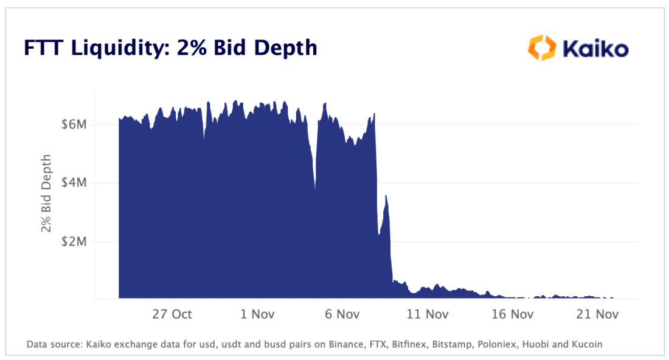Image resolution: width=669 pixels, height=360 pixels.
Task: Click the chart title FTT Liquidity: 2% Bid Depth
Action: [171, 47]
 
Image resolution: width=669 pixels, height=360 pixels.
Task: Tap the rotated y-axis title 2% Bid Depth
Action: [46, 193]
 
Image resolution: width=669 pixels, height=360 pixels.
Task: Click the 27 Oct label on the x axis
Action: [172, 314]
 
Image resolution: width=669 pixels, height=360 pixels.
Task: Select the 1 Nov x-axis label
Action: [258, 314]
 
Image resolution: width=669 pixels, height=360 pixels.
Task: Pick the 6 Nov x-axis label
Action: [342, 314]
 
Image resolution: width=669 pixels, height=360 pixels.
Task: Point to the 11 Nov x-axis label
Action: [427, 314]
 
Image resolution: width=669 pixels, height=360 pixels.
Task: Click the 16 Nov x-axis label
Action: [512, 314]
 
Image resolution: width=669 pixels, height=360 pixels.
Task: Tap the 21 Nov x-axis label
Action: [597, 314]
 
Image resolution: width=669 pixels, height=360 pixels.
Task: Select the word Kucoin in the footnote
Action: [586, 344]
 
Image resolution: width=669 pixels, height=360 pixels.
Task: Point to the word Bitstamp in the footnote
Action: [452, 344]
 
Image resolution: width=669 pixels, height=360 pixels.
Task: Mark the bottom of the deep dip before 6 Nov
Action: [315, 189]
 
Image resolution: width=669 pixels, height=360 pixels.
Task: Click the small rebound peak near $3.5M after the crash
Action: [387, 196]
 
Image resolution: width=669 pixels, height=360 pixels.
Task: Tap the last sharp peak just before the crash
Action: [375, 114]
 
